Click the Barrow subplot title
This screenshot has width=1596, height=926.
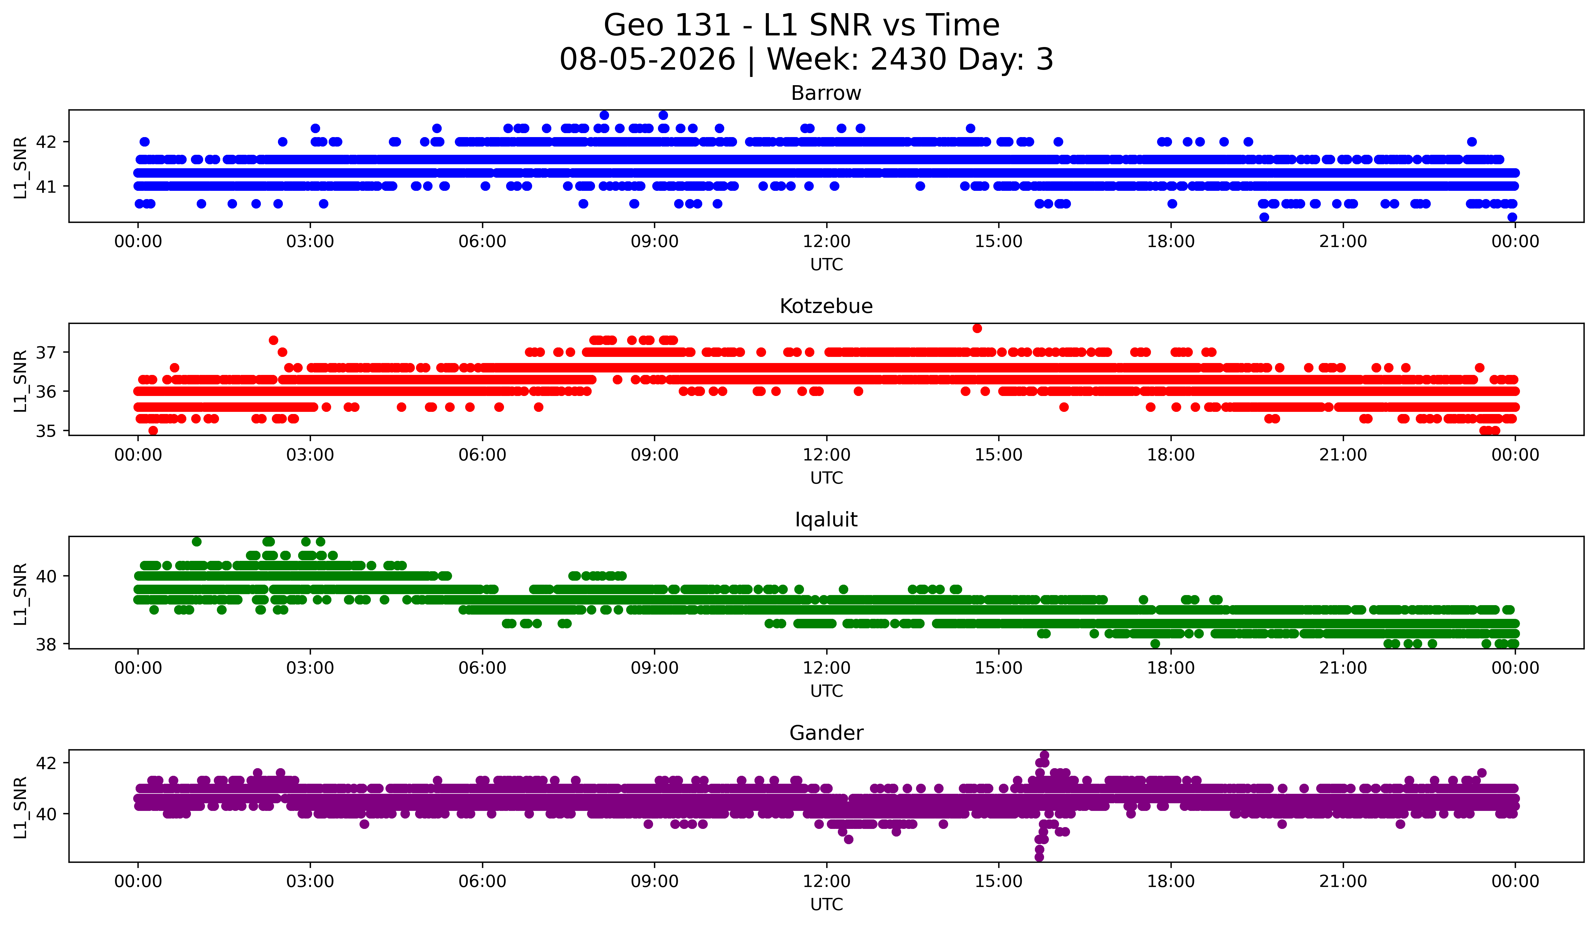pyautogui.click(x=826, y=93)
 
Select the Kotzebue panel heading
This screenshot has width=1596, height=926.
pyautogui.click(x=826, y=306)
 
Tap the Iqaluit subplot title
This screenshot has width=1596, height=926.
pyautogui.click(x=826, y=520)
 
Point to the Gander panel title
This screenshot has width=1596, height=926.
pyautogui.click(x=826, y=733)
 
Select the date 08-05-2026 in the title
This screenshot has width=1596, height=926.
pyautogui.click(x=647, y=60)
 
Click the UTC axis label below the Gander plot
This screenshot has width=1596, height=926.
pyautogui.click(x=827, y=905)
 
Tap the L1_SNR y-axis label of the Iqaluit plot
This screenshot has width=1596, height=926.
pyautogui.click(x=20, y=594)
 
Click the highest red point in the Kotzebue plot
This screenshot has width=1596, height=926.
pyautogui.click(x=977, y=328)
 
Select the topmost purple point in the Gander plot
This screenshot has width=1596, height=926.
pyautogui.click(x=1044, y=755)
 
